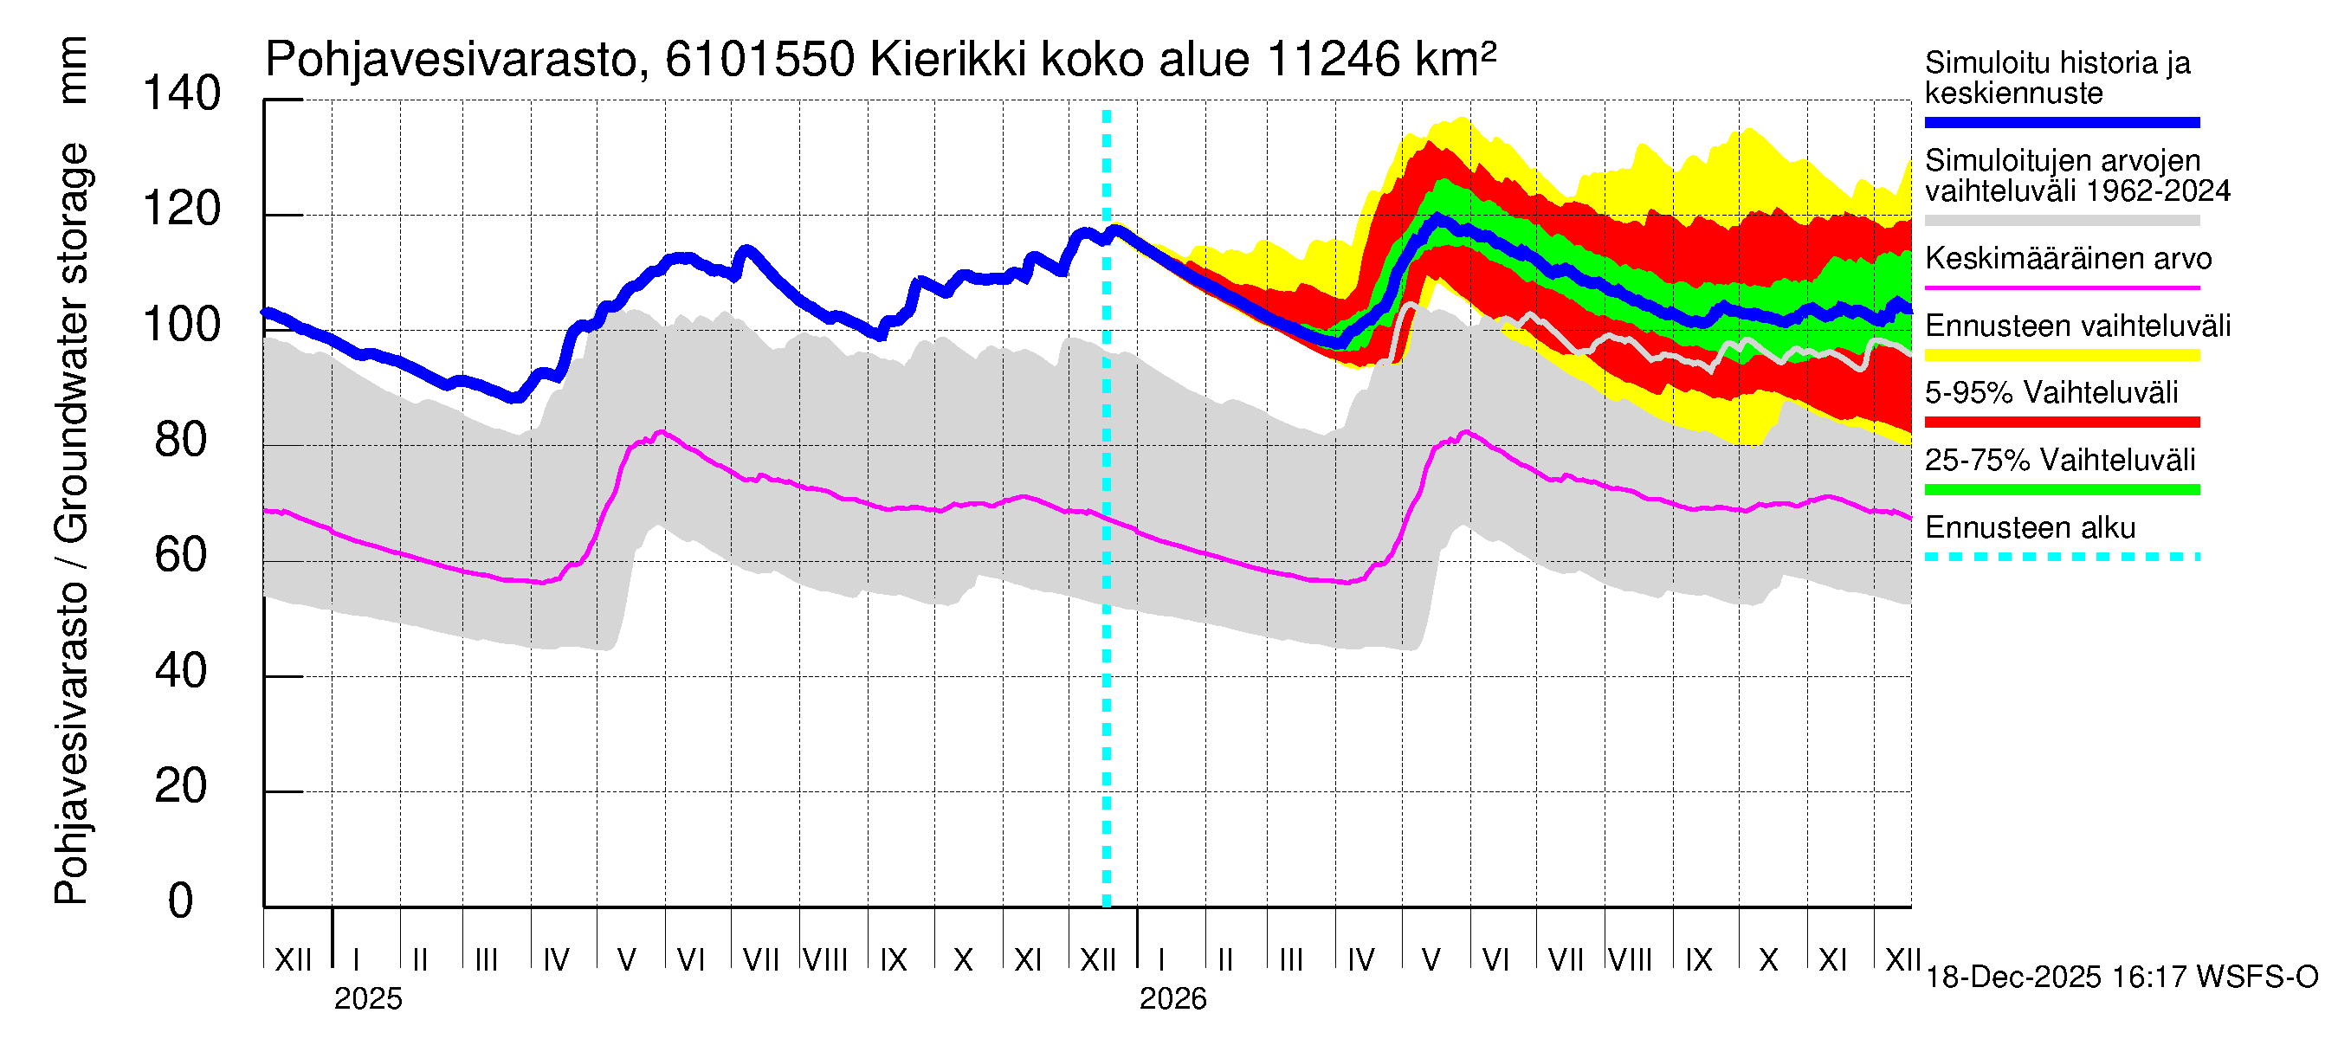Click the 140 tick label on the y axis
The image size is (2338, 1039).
pos(182,94)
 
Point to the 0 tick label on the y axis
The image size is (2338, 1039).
pos(181,901)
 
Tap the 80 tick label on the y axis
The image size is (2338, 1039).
pos(182,440)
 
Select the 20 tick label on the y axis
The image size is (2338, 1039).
pos(182,786)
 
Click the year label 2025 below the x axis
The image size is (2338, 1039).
pos(367,999)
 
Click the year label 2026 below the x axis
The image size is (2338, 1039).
pos(1172,999)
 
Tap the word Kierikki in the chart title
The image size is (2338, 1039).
pos(948,60)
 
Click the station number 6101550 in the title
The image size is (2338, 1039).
pos(759,60)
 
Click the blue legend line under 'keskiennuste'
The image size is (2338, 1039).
pos(2061,122)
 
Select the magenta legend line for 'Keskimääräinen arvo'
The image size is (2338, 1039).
pos(2061,287)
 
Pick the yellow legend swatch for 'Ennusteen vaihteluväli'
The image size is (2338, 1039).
pos(2061,355)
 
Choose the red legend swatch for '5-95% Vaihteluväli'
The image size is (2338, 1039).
pos(2061,422)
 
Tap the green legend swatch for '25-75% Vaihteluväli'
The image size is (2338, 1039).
pos(2061,490)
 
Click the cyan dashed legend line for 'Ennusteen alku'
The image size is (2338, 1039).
pos(2061,557)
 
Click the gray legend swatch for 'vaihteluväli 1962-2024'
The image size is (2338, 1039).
pos(2061,221)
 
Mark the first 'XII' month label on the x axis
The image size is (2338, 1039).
pos(293,959)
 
